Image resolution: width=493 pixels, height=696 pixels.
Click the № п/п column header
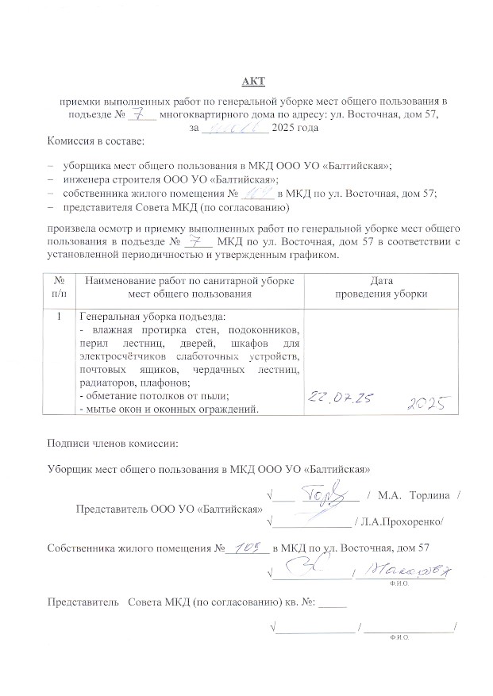pos(59,286)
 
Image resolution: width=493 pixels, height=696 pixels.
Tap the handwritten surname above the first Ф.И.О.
pos(414,569)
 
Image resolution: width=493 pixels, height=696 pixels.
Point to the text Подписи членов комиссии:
pos(113,441)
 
